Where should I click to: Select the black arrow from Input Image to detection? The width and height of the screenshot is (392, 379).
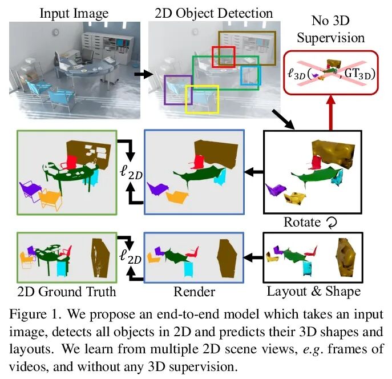tap(140, 74)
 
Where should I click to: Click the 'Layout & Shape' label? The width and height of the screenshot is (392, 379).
tap(313, 292)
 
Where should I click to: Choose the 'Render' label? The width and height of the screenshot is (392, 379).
tap(193, 292)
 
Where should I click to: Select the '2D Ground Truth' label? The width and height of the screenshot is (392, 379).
tap(67, 292)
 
